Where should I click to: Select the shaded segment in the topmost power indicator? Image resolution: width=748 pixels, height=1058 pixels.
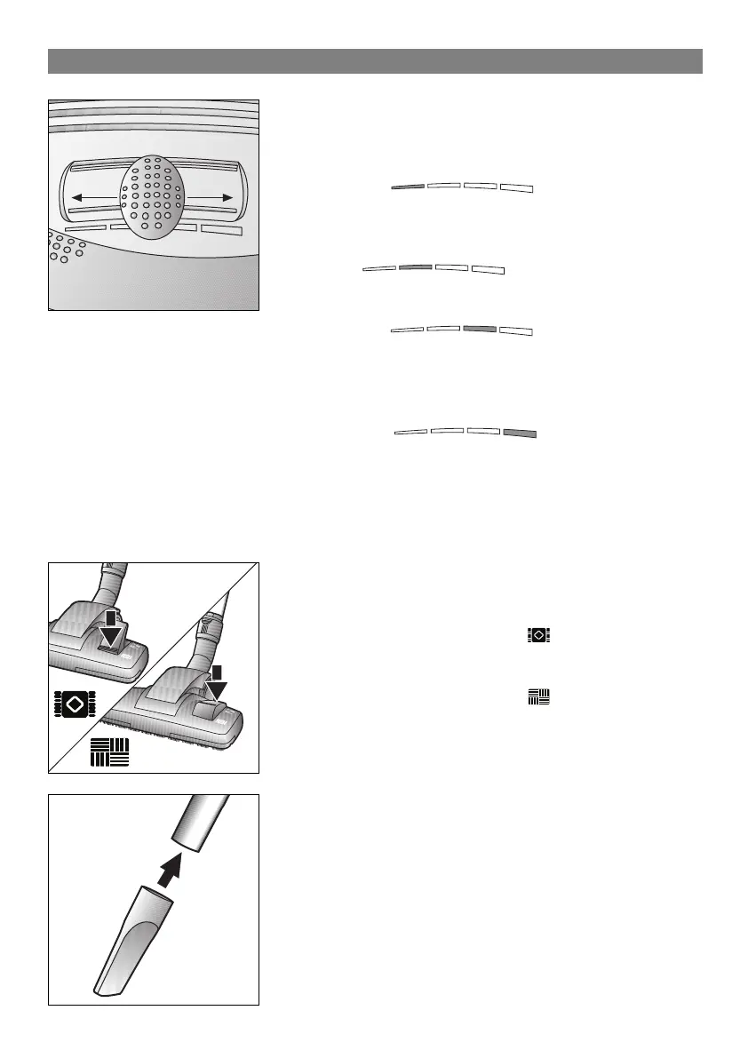(x=408, y=187)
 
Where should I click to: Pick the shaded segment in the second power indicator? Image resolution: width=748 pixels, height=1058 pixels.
(x=416, y=266)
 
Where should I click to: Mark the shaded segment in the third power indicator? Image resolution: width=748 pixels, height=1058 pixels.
(x=480, y=328)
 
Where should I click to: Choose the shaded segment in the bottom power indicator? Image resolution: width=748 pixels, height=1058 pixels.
(x=520, y=433)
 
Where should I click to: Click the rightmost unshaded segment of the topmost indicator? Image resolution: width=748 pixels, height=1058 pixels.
(x=516, y=187)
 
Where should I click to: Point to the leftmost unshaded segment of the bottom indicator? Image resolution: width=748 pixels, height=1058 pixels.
(x=410, y=432)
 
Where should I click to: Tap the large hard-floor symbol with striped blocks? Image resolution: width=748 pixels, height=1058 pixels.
(x=110, y=751)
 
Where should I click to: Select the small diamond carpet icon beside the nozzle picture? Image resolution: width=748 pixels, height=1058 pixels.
(x=538, y=635)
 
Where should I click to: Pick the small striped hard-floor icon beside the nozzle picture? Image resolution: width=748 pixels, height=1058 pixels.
(x=538, y=697)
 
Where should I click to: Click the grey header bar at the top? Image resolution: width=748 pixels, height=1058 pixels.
(x=374, y=61)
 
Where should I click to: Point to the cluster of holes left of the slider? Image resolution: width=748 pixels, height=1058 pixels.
(x=64, y=249)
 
